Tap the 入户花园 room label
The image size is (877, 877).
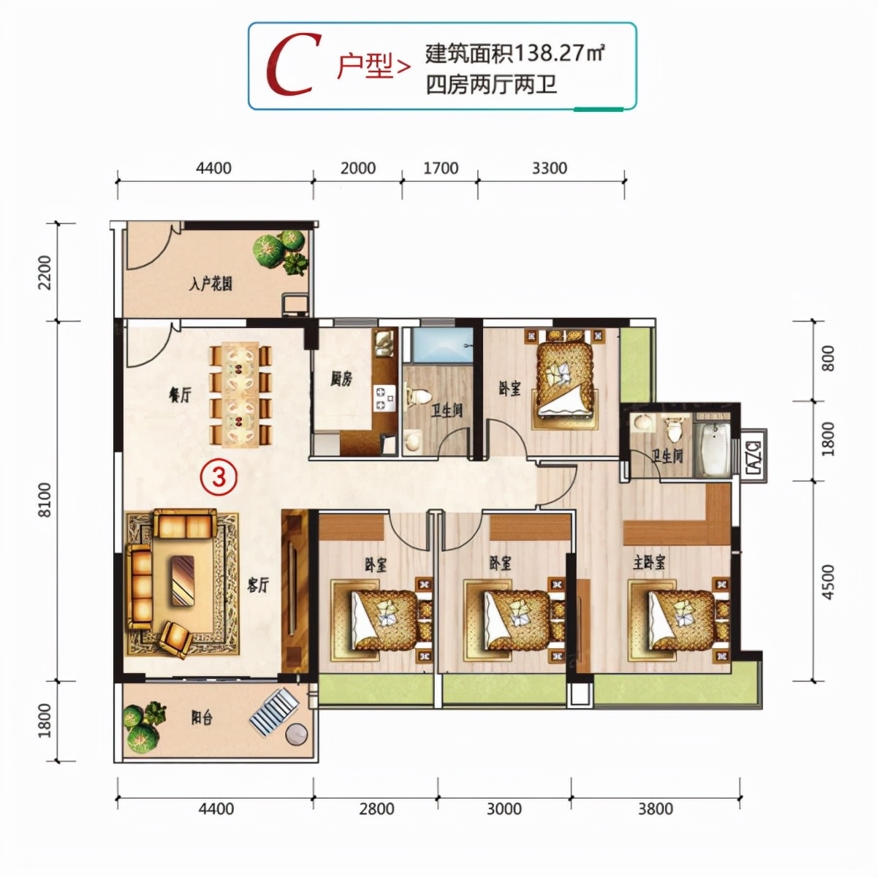point(210,284)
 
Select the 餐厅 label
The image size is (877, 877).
point(180,395)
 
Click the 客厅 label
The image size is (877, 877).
point(257,585)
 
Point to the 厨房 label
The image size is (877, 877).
point(341,379)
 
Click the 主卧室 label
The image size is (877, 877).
point(649,563)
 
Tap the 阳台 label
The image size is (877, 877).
point(202,718)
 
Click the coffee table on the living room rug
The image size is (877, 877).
point(182,580)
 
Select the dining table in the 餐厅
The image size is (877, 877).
point(240,395)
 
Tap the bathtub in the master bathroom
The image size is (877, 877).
point(713,447)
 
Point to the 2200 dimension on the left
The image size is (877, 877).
point(45,272)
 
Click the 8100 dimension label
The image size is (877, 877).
point(45,500)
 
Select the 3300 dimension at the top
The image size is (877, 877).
point(549,168)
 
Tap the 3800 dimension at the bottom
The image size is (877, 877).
point(655,808)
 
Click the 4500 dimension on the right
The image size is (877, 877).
point(827,582)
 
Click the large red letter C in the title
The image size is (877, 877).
point(293,66)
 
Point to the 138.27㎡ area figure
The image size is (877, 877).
point(559,53)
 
